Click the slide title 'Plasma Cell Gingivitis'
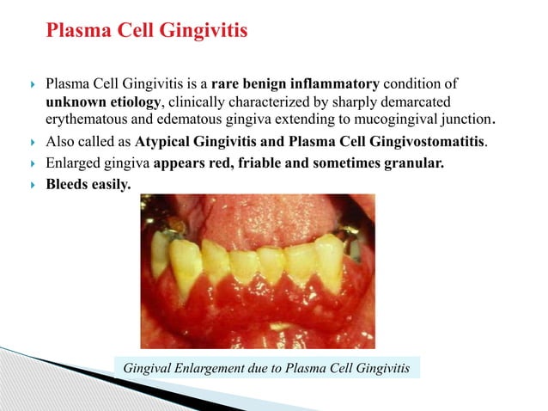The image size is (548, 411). click(x=146, y=33)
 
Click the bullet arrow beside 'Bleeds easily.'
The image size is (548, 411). click(x=32, y=183)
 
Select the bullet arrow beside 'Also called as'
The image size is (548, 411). click(x=32, y=142)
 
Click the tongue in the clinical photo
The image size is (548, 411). click(x=258, y=211)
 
